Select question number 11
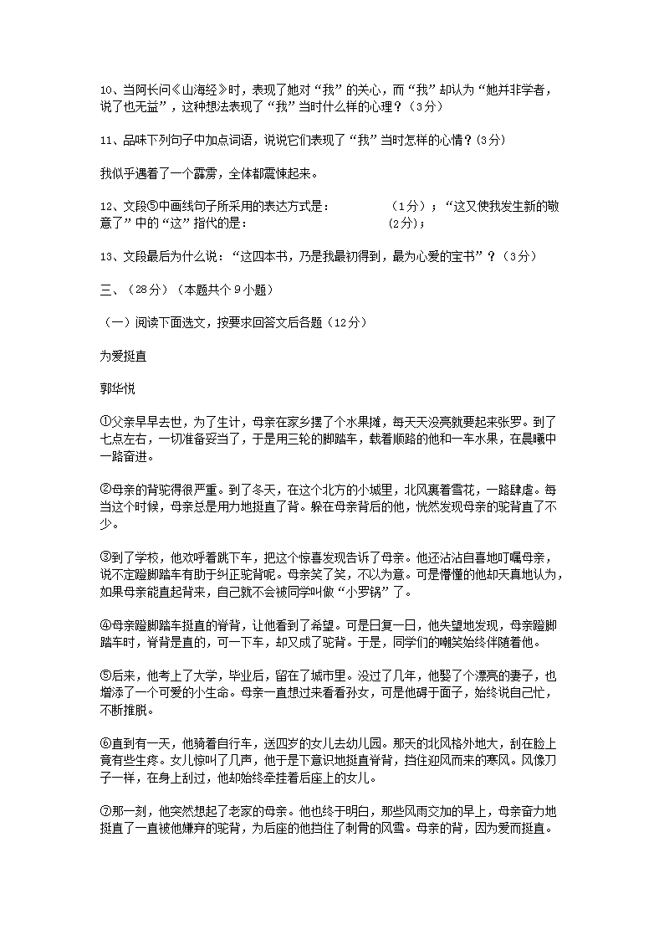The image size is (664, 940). pos(105,140)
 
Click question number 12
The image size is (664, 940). pos(105,207)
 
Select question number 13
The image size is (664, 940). pos(105,256)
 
